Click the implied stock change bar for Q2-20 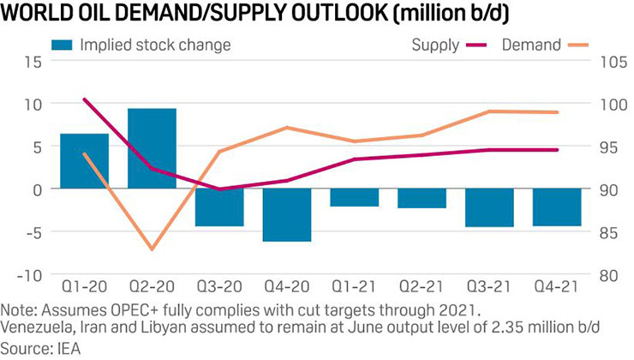[x=152, y=148]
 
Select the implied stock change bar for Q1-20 [x=84, y=161]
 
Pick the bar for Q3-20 [x=219, y=207]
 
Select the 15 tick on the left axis [x=33, y=61]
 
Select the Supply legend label [x=435, y=44]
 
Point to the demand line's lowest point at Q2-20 [x=152, y=249]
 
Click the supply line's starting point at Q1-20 [x=84, y=99]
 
